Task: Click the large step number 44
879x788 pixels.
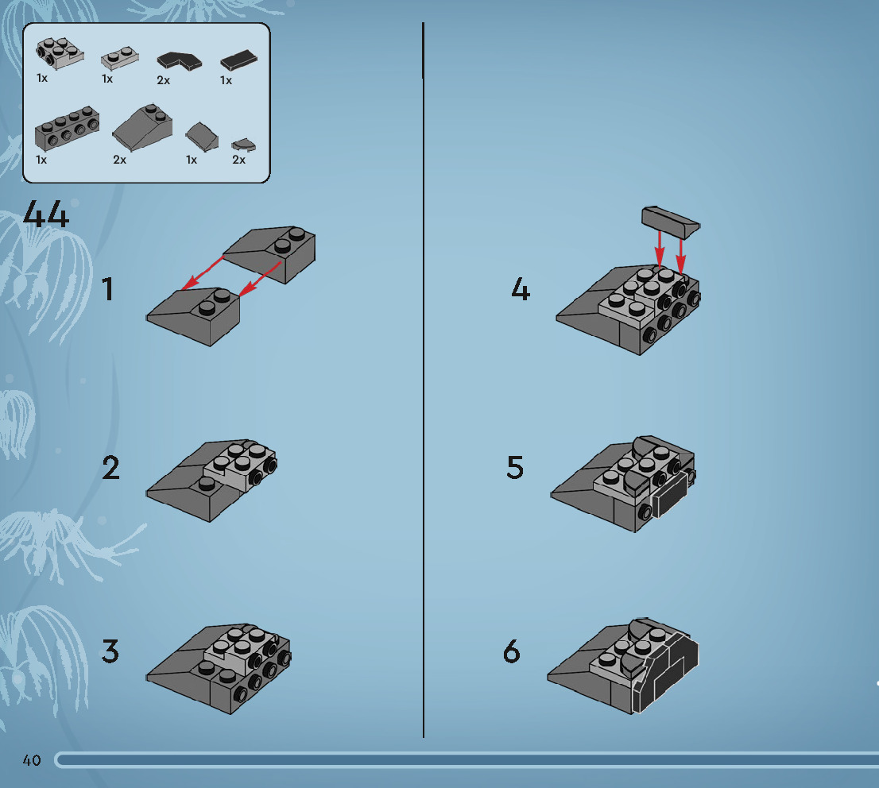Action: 46,214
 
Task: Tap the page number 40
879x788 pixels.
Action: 32,760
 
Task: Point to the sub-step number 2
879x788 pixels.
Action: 110,468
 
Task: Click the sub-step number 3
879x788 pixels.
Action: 110,652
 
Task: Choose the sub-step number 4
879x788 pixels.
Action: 521,290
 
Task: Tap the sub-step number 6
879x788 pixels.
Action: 512,652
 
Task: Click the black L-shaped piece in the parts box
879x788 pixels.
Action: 179,61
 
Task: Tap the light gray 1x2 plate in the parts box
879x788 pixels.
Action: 118,58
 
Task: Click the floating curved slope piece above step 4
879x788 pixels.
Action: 670,221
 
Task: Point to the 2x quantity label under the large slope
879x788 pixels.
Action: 120,160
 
